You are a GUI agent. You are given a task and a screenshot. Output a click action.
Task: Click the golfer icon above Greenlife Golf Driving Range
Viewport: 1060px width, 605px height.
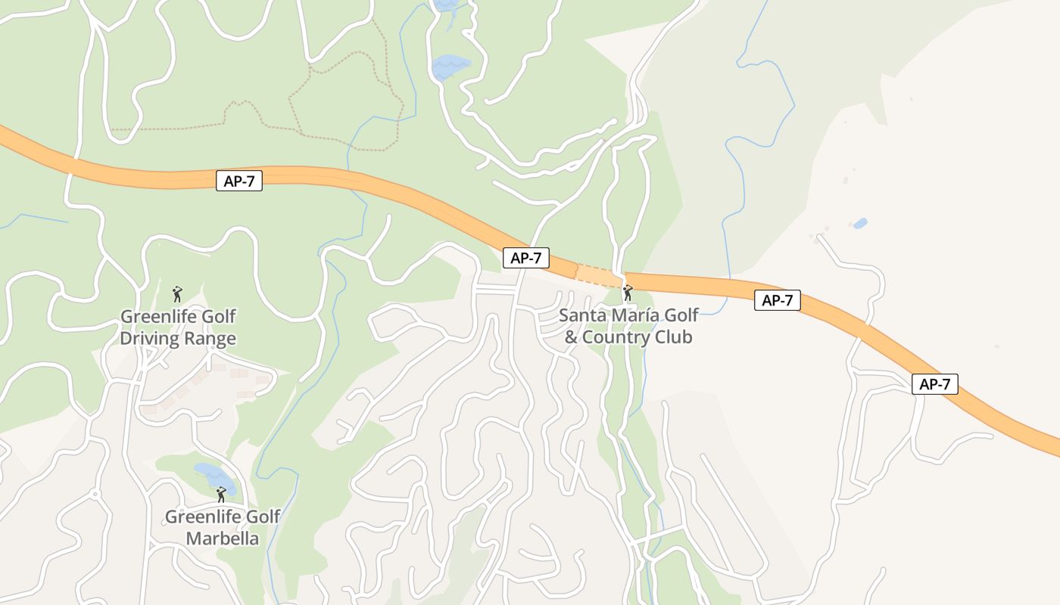(x=177, y=293)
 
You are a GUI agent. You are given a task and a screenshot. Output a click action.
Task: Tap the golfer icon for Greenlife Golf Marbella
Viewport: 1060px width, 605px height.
(x=221, y=495)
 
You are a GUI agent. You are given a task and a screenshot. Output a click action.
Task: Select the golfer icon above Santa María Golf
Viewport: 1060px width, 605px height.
(x=627, y=292)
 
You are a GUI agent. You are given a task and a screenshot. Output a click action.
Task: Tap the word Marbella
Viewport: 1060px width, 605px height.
(x=223, y=538)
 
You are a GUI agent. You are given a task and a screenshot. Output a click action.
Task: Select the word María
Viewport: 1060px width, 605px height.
(x=634, y=315)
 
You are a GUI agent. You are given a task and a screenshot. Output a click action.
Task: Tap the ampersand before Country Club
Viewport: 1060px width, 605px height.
(x=572, y=337)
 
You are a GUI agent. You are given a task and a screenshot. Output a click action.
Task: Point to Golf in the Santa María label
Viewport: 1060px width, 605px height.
(x=681, y=315)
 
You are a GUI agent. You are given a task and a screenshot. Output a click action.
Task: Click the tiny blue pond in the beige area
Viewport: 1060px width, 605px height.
(x=859, y=223)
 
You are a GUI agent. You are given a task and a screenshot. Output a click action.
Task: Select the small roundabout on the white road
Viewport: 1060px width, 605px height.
(x=95, y=495)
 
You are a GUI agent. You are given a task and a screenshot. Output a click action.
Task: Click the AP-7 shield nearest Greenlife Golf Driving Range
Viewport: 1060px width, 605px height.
(x=239, y=181)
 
